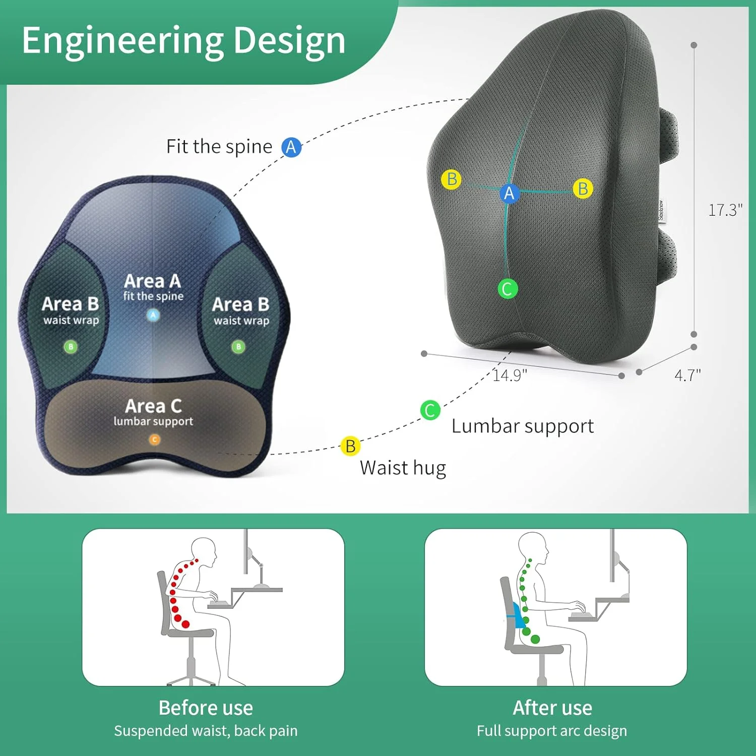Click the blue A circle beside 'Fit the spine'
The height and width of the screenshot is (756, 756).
point(291,147)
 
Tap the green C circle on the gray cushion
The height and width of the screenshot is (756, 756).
point(508,289)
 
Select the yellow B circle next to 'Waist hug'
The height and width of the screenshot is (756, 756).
point(350,446)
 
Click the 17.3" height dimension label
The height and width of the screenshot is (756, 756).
point(725,210)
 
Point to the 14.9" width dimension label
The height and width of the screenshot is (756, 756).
point(510,375)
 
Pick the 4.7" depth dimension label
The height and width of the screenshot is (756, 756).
point(687,375)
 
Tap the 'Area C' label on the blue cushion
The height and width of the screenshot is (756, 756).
point(153,406)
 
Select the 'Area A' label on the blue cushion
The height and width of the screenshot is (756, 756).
point(152,281)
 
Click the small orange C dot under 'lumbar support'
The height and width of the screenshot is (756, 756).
point(155,439)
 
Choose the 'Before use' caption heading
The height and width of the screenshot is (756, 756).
point(206,708)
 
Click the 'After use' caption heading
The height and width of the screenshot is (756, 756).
point(552,708)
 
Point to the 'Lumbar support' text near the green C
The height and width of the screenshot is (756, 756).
point(523,426)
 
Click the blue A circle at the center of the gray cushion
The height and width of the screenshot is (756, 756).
point(509,193)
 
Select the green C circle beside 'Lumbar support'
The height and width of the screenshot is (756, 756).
point(430,410)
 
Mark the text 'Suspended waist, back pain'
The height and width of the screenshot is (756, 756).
point(206,731)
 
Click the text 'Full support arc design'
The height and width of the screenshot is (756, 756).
point(552,731)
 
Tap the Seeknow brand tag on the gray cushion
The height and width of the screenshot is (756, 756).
point(661,211)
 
